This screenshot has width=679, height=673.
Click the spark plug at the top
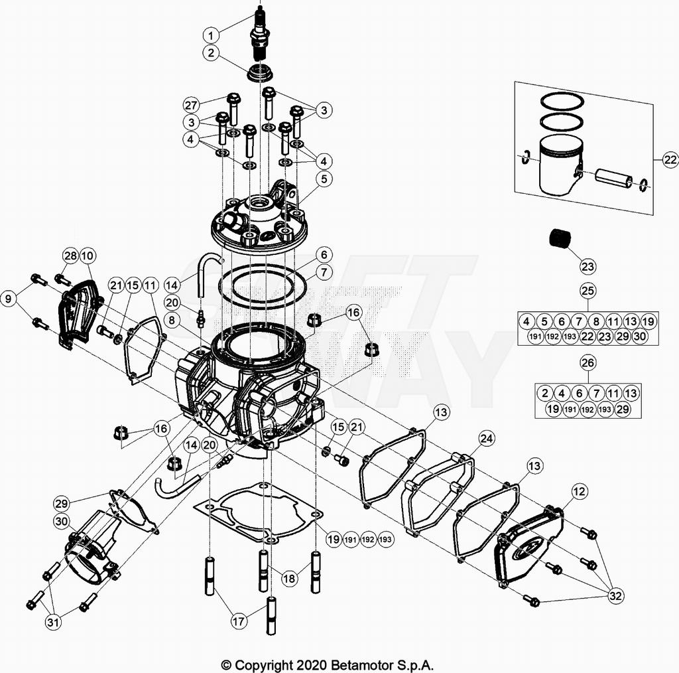click(x=259, y=33)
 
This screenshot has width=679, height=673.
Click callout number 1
click(x=210, y=35)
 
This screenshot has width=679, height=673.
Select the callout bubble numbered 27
click(x=192, y=104)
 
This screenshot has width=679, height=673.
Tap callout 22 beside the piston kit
click(x=670, y=159)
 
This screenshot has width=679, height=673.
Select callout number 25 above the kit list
click(x=587, y=290)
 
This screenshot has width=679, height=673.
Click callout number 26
click(x=587, y=362)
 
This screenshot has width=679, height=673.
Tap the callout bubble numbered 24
click(x=487, y=439)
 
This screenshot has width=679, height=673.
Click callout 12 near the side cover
click(x=579, y=491)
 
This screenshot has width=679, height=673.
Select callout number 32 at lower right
click(x=616, y=596)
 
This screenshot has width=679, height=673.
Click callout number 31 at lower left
click(x=53, y=622)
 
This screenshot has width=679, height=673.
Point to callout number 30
click(x=61, y=522)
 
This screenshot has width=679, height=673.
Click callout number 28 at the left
click(x=70, y=256)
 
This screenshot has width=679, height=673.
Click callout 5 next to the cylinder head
click(x=323, y=178)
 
